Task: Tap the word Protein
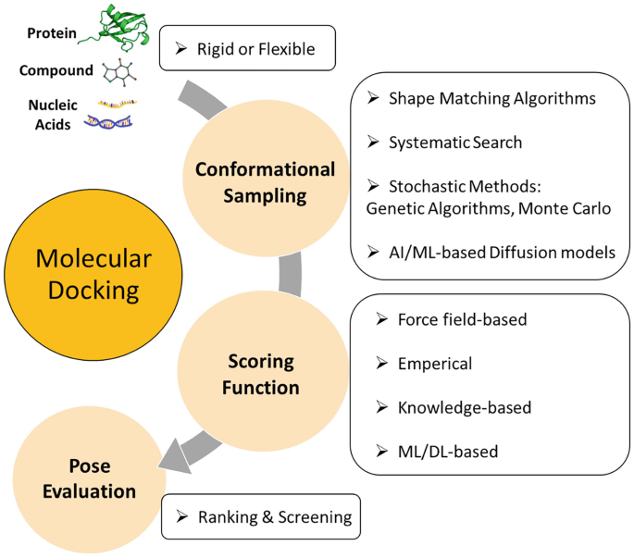tap(52, 32)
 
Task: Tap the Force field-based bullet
tap(462, 319)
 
